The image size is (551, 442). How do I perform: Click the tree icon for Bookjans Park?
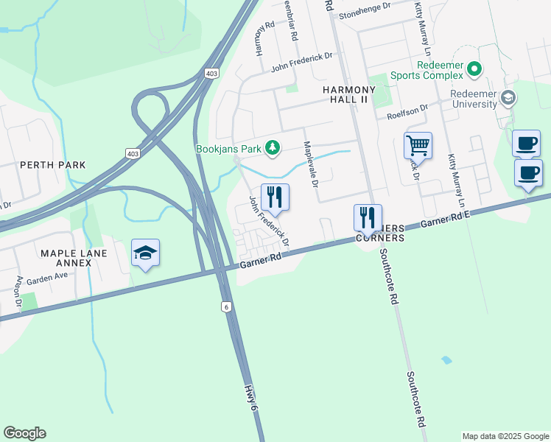[x=273, y=148]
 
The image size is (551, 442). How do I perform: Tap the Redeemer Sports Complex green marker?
[x=474, y=70]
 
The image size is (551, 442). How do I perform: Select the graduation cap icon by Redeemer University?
[x=508, y=98]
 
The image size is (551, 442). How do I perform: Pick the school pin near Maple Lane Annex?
[x=146, y=253]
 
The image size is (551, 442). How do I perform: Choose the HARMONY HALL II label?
[x=350, y=94]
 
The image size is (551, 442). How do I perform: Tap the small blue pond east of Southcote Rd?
[x=446, y=360]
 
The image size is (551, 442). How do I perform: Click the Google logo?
[x=24, y=433]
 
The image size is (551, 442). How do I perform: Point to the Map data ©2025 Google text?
[x=505, y=436]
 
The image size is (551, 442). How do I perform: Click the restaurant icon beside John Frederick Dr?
[x=275, y=197]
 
